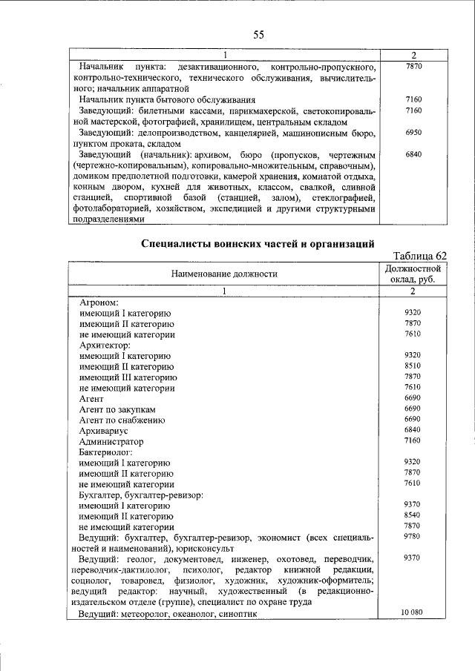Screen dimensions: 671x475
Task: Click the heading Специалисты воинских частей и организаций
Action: point(258,244)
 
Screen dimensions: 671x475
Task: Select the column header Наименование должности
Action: point(223,274)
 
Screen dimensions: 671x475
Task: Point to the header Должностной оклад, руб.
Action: point(414,274)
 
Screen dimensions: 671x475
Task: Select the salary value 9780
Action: point(414,536)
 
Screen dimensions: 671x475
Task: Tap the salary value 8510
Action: point(414,366)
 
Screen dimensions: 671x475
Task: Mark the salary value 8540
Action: point(414,515)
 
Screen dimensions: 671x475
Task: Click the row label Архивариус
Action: point(104,430)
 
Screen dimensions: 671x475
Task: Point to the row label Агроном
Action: point(99,303)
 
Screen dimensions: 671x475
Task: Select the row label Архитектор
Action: point(105,345)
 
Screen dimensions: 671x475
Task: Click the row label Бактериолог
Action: point(106,451)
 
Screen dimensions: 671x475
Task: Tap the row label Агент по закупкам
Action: point(117,409)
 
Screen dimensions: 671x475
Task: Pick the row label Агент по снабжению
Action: point(121,420)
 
